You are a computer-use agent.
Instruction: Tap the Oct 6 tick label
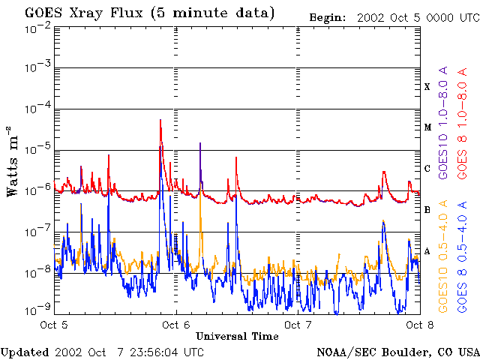click(176, 325)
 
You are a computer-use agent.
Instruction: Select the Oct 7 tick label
click(298, 325)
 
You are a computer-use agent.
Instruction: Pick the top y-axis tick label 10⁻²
click(37, 28)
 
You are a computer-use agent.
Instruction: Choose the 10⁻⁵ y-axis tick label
click(37, 149)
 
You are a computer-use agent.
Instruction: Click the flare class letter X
click(427, 87)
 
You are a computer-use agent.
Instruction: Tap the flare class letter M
click(427, 127)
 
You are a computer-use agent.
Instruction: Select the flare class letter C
click(427, 169)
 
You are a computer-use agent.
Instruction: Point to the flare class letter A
click(427, 250)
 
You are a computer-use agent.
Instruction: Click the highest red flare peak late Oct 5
click(160, 120)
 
